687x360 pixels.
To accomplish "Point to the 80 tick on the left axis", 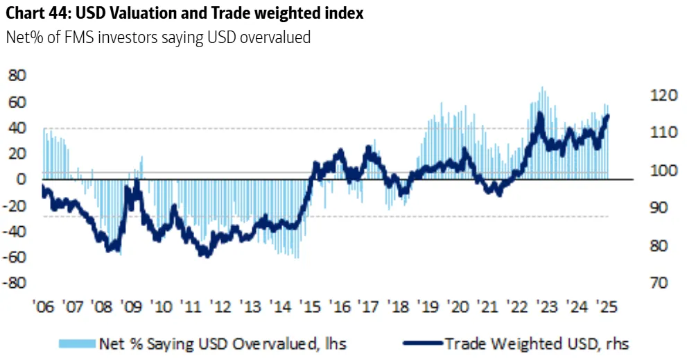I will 18,76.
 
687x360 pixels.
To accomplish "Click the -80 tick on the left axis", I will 16,283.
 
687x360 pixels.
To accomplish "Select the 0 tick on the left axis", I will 22,179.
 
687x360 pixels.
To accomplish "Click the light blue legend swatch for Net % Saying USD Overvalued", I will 76,343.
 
